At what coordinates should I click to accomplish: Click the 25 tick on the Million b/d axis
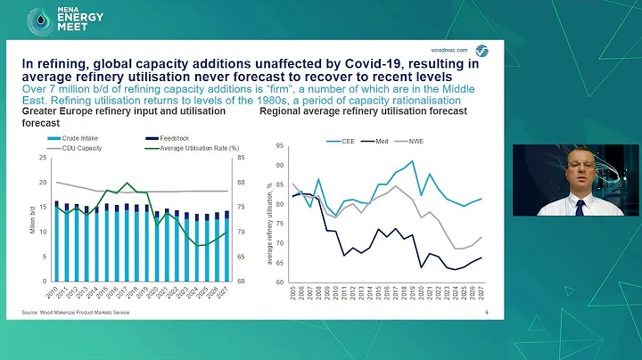pos(44,159)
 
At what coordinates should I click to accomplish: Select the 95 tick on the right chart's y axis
pos(279,145)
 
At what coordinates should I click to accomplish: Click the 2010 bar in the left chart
pos(56,241)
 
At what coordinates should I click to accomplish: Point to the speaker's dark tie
pos(580,207)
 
